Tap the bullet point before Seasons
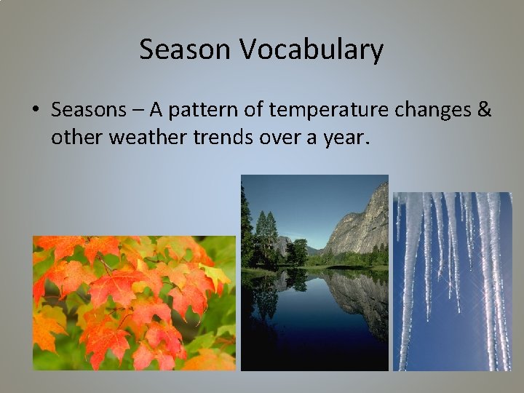click(x=35, y=111)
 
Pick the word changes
click(x=426, y=111)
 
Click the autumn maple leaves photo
click(x=134, y=303)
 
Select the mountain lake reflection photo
click(x=314, y=273)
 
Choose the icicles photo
click(x=452, y=281)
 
